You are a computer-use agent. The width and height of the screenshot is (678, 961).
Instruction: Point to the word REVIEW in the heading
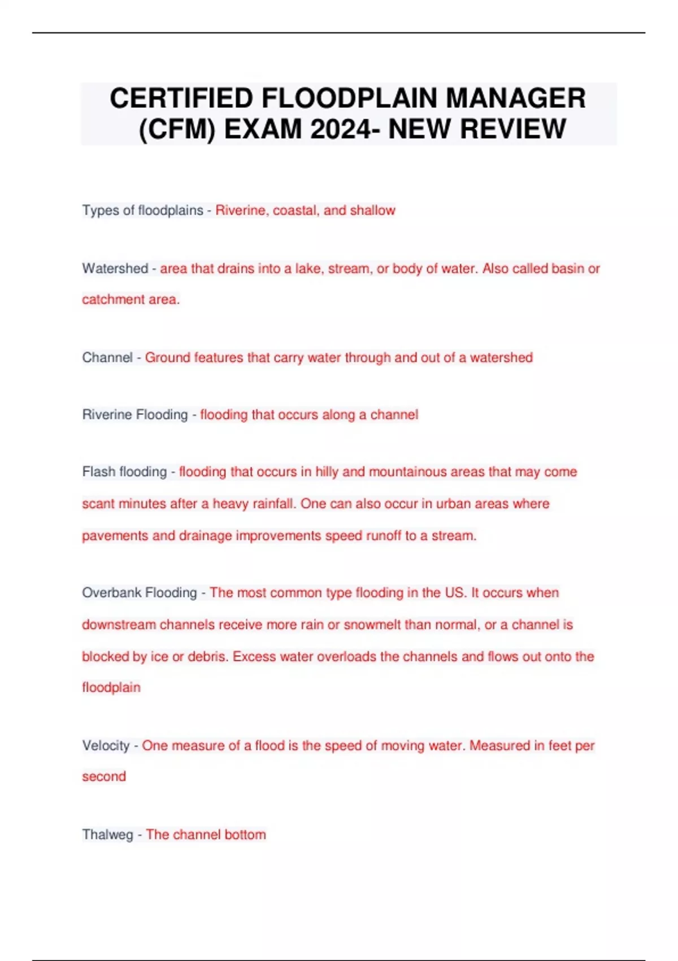[513, 129]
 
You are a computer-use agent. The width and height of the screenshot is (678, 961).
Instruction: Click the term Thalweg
[107, 834]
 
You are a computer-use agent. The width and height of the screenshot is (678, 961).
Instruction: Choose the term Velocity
[106, 746]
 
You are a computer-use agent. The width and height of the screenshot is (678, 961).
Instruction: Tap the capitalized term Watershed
[115, 269]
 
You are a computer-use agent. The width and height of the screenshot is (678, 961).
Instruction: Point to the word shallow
[372, 210]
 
